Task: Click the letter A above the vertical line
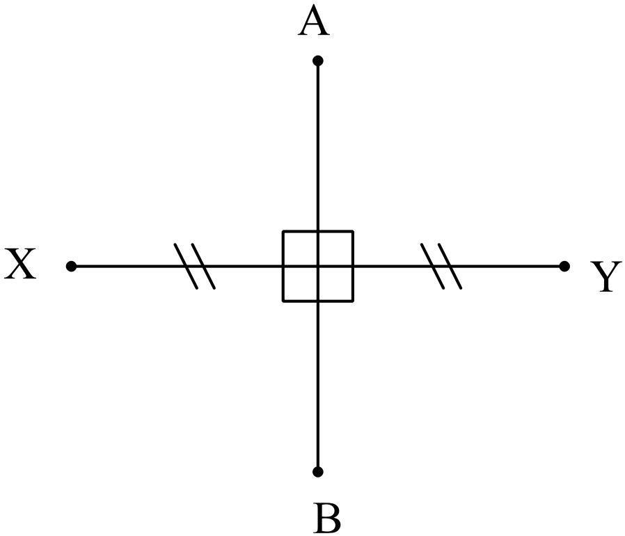pyautogui.click(x=313, y=23)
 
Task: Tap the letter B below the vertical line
pyautogui.click(x=327, y=518)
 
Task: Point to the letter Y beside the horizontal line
pyautogui.click(x=606, y=277)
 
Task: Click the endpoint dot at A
pyautogui.click(x=318, y=61)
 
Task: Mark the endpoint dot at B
pyautogui.click(x=318, y=472)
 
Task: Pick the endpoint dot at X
pyautogui.click(x=71, y=266)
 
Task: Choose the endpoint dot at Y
pyautogui.click(x=564, y=266)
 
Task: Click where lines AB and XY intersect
pyautogui.click(x=318, y=266)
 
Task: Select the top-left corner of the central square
pyautogui.click(x=283, y=231)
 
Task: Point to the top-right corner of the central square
pyautogui.click(x=353, y=231)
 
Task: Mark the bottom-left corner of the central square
pyautogui.click(x=283, y=301)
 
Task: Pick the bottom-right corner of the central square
pyautogui.click(x=353, y=301)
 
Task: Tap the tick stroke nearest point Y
pyautogui.click(x=450, y=266)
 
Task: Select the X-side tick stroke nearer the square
pyautogui.click(x=204, y=266)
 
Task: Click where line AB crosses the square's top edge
pyautogui.click(x=318, y=231)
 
